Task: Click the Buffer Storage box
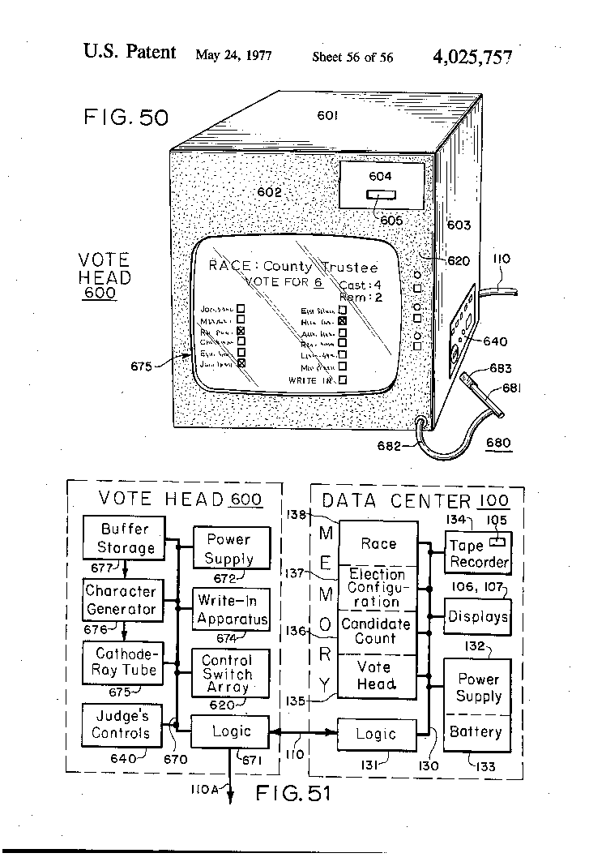126,538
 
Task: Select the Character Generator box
121,600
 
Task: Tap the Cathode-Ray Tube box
122,662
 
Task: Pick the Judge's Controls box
122,724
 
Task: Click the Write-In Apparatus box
232,611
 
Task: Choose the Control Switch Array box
227,673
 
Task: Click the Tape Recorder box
479,553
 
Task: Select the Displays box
478,617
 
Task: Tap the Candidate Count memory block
378,632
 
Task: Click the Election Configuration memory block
378,588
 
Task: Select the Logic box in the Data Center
376,734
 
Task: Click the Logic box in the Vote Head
231,731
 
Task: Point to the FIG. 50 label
126,118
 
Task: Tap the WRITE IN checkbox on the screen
343,379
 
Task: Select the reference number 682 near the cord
391,445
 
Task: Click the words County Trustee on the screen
321,267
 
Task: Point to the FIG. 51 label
293,794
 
